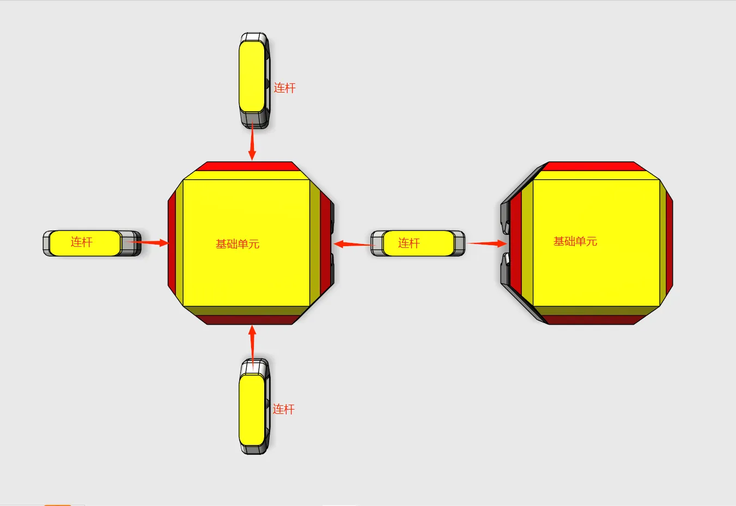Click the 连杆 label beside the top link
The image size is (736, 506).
284,88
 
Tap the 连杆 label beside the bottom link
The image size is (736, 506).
283,409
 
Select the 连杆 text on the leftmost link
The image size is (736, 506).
82,242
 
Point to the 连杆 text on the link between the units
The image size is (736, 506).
409,243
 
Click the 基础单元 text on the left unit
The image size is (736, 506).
238,244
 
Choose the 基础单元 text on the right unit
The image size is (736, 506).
575,241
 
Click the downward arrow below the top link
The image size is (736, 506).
252,141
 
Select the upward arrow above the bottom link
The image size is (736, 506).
252,345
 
